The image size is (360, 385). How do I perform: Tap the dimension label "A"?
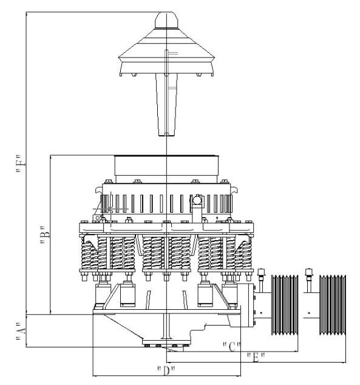[20, 332]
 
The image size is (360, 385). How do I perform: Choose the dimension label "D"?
[165, 369]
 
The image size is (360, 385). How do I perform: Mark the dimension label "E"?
[261, 358]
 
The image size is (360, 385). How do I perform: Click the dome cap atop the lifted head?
[166, 21]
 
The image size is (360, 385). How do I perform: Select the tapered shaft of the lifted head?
[166, 106]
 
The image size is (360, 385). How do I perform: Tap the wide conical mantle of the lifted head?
[166, 58]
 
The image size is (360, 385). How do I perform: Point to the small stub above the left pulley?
[262, 276]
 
